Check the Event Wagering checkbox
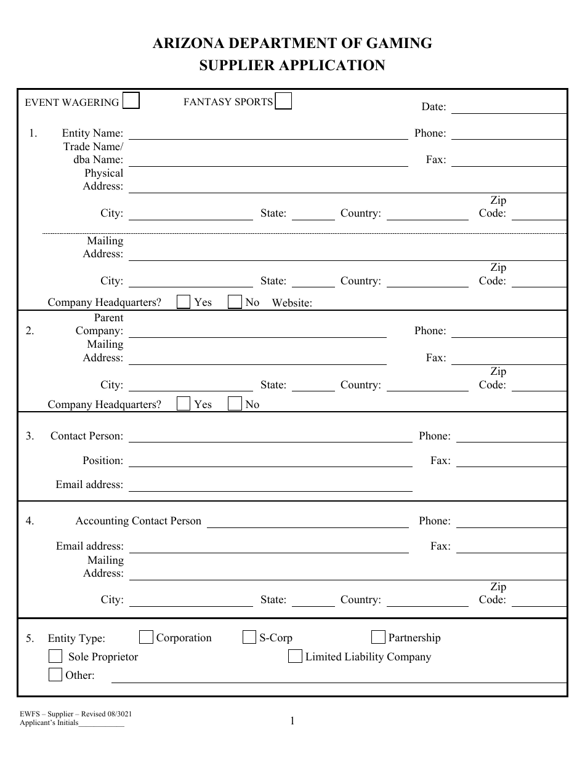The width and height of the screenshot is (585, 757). [x=131, y=101]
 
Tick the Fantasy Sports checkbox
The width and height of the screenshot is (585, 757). [x=283, y=101]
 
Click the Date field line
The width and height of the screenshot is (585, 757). [x=509, y=108]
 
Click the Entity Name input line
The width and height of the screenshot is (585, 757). [x=268, y=135]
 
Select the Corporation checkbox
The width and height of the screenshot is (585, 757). [x=147, y=637]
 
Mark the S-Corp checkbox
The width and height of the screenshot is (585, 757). [x=249, y=637]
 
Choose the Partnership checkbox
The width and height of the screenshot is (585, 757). [x=379, y=637]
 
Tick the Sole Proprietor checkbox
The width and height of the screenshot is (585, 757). [x=55, y=656]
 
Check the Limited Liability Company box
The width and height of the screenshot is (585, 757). [x=295, y=656]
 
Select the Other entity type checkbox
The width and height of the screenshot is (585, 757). [x=55, y=675]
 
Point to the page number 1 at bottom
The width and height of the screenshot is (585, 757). [x=292, y=721]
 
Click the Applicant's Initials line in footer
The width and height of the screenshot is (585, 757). [x=102, y=724]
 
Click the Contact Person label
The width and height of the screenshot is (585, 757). [x=87, y=436]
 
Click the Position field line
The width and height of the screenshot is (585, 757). [x=270, y=462]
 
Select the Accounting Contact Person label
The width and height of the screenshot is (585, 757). [x=138, y=521]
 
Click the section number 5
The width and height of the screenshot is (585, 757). [x=30, y=638]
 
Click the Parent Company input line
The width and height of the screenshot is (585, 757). [x=257, y=332]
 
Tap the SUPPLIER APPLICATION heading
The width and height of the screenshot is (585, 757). [x=292, y=65]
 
